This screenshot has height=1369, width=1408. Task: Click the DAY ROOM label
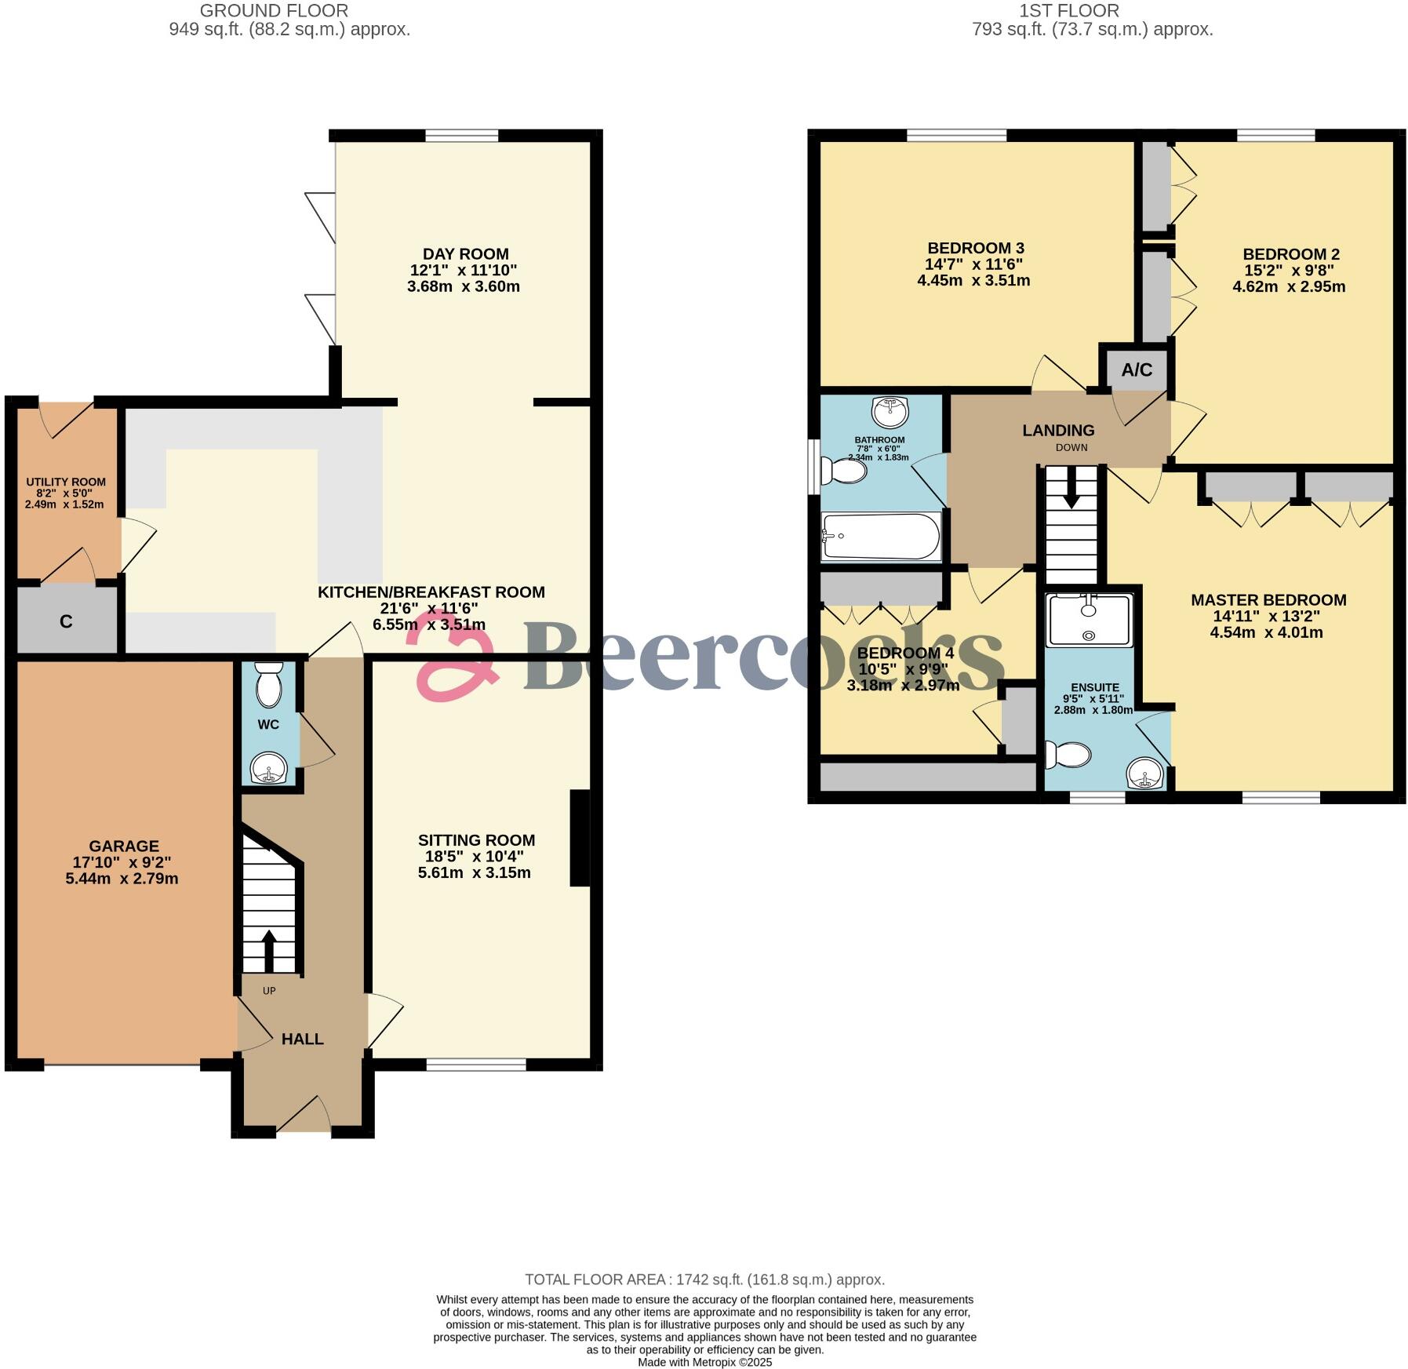[x=465, y=254]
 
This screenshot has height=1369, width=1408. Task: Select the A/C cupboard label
[x=1137, y=370]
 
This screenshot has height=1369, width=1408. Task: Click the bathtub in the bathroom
[x=880, y=537]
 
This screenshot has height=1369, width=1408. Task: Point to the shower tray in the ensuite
[x=1090, y=620]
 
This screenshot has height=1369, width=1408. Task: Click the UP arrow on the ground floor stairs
[x=268, y=950]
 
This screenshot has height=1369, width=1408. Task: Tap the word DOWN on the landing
[x=1071, y=448]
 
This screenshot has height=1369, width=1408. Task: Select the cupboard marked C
[x=67, y=621]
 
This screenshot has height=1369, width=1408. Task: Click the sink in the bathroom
[x=890, y=410]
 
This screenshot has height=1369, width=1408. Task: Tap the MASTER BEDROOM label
[x=1268, y=600]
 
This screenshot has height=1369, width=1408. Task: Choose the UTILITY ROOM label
[x=66, y=482]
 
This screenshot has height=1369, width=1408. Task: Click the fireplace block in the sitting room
[x=579, y=838]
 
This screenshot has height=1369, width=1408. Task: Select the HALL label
[x=302, y=1039]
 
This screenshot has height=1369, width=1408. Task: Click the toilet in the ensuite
[x=1068, y=755]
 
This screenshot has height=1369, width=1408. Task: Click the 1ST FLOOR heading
[x=1068, y=11]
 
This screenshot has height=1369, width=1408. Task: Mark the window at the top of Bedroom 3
[x=956, y=137]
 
